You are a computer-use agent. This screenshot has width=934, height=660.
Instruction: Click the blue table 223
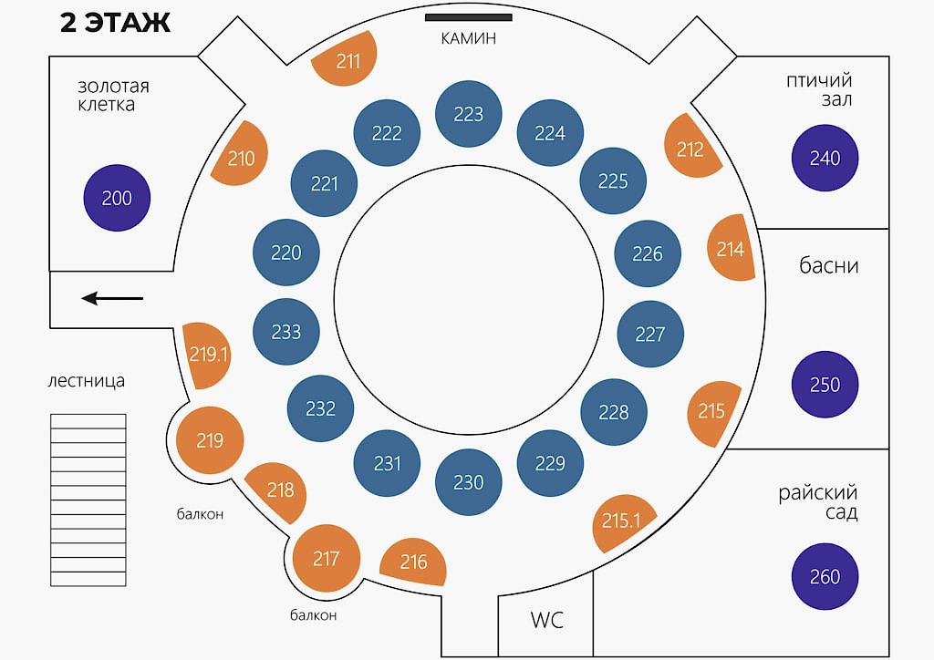[469, 114]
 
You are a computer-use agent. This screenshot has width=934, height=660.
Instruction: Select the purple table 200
[117, 198]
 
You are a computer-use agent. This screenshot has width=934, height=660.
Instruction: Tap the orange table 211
[348, 59]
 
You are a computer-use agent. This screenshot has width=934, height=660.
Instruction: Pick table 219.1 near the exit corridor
[206, 356]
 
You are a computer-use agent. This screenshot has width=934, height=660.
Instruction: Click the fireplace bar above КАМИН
[468, 17]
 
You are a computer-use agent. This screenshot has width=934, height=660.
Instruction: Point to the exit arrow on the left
[112, 298]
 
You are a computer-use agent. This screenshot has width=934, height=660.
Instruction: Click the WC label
[547, 620]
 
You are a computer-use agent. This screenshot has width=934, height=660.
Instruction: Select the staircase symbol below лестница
[88, 500]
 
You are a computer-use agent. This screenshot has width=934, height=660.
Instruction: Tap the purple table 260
[825, 576]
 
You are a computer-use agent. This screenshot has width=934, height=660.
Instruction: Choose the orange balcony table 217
[327, 558]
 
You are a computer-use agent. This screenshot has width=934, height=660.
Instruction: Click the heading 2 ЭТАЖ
[116, 23]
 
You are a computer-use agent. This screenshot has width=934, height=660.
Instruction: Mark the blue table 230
[469, 482]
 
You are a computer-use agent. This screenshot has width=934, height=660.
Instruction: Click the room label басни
[828, 265]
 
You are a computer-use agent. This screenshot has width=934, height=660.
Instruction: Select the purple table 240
[825, 158]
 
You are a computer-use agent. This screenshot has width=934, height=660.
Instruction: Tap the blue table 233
[286, 332]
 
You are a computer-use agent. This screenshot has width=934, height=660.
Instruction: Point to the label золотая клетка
[113, 95]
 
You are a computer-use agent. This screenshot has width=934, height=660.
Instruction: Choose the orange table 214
[731, 248]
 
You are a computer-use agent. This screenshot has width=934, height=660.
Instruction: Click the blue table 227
[650, 334]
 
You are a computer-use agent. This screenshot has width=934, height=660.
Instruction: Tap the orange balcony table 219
[211, 440]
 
